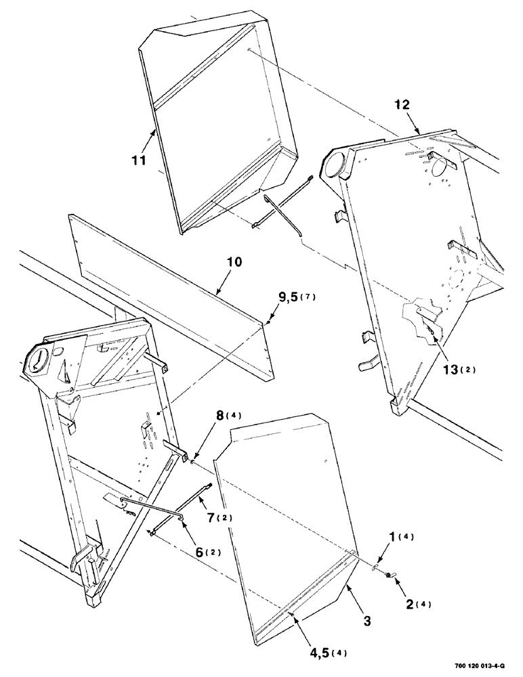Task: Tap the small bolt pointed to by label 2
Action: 391,575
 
